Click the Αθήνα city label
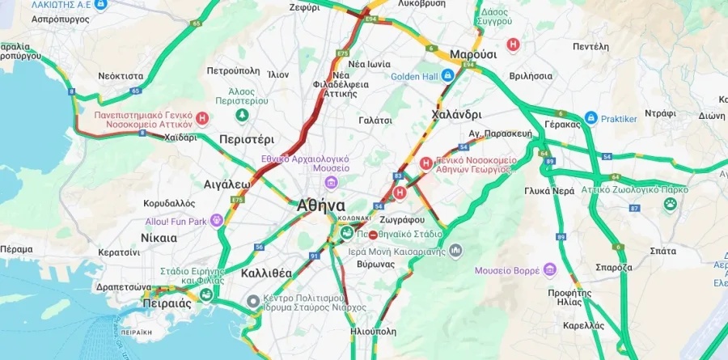pyautogui.click(x=321, y=205)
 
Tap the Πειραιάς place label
pyautogui.click(x=166, y=303)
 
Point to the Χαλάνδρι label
pyautogui.click(x=457, y=114)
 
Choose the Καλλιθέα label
pyautogui.click(x=266, y=273)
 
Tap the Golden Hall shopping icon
pyautogui.click(x=447, y=76)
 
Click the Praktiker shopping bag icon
pyautogui.click(x=590, y=118)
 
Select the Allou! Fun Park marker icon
pyautogui.click(x=216, y=220)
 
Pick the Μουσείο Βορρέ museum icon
pyautogui.click(x=550, y=269)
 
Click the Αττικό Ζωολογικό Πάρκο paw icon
pyautogui.click(x=670, y=203)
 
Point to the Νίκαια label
pyautogui.click(x=159, y=238)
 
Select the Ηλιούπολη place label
pyautogui.click(x=375, y=331)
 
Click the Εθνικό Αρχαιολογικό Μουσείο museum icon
pyautogui.click(x=343, y=168)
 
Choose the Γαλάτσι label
pyautogui.click(x=375, y=120)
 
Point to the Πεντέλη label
pyautogui.click(x=590, y=47)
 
